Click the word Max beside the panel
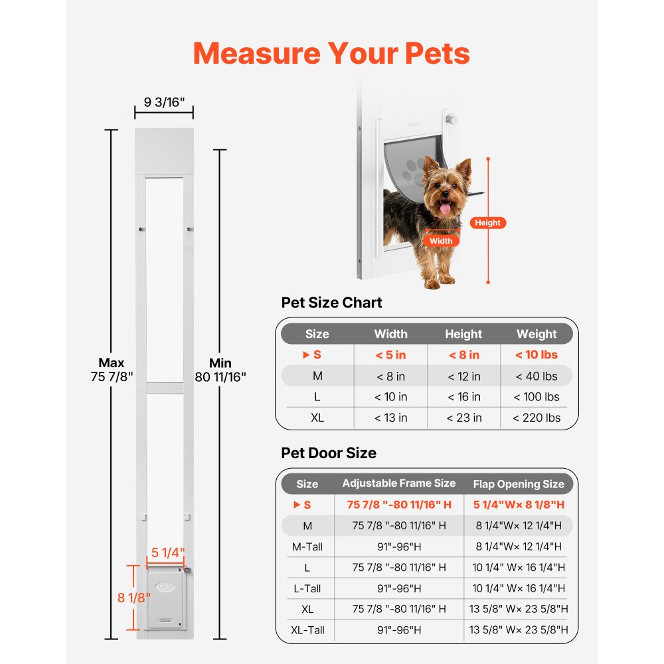click(112, 363)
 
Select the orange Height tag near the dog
click(487, 223)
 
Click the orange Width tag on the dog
click(440, 241)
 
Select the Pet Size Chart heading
click(332, 303)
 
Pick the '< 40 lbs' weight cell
click(537, 376)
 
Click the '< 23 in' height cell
click(463, 418)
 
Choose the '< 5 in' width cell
click(390, 355)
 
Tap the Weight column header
click(537, 334)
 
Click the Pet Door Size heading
click(329, 453)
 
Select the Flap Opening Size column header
click(519, 484)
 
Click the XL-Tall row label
click(307, 629)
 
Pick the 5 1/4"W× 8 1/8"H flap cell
click(519, 505)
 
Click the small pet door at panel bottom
click(165, 596)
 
